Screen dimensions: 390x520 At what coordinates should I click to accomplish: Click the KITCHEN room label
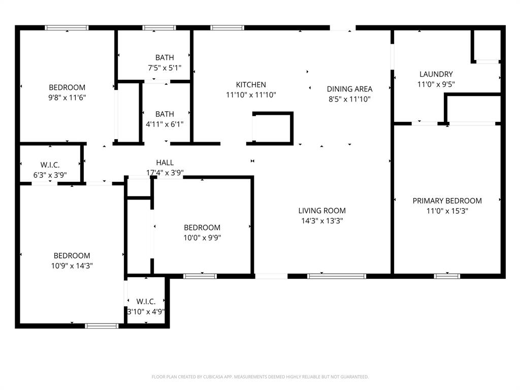pyautogui.click(x=251, y=85)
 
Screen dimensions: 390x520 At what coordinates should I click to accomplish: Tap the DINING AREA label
pyautogui.click(x=349, y=89)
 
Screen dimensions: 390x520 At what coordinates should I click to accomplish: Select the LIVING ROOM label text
pyautogui.click(x=321, y=211)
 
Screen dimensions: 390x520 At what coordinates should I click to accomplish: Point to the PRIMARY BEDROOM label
pyautogui.click(x=447, y=201)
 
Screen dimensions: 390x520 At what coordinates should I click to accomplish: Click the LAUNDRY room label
pyautogui.click(x=436, y=74)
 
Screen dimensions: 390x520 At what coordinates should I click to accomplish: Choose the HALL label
pyautogui.click(x=165, y=162)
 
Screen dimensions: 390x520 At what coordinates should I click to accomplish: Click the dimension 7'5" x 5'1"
pyautogui.click(x=165, y=68)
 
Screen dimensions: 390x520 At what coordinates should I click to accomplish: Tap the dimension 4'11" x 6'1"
pyautogui.click(x=165, y=124)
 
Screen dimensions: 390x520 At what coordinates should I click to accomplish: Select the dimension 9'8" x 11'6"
pyautogui.click(x=67, y=97)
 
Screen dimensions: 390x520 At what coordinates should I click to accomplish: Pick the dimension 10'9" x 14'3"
pyautogui.click(x=72, y=266)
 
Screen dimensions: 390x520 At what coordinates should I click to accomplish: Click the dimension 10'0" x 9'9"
pyautogui.click(x=202, y=237)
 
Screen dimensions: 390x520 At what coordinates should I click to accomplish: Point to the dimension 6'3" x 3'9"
pyautogui.click(x=50, y=175)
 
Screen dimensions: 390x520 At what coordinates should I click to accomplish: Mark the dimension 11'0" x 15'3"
pyautogui.click(x=447, y=211)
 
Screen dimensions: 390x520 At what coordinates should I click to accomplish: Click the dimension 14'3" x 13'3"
pyautogui.click(x=321, y=221)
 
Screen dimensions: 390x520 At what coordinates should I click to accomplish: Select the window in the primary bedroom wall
pyautogui.click(x=447, y=276)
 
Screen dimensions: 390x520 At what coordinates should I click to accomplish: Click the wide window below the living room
pyautogui.click(x=336, y=276)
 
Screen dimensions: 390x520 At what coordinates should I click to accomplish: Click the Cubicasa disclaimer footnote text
pyautogui.click(x=260, y=377)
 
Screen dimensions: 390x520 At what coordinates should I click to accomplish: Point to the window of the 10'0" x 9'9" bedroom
pyautogui.click(x=200, y=276)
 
